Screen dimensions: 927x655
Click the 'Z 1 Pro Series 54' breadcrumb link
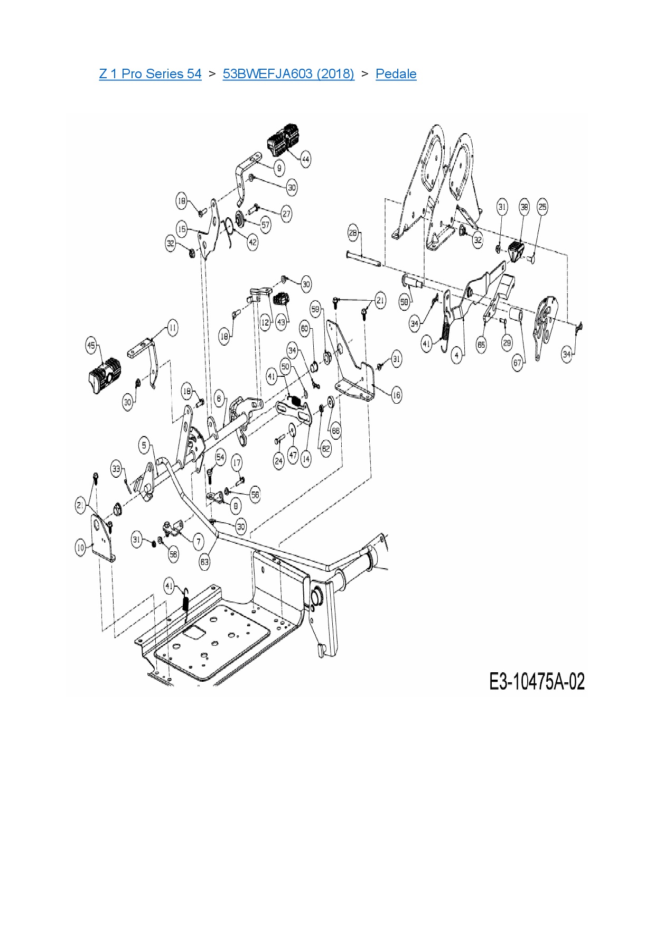click(150, 73)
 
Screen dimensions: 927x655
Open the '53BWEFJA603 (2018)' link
click(288, 73)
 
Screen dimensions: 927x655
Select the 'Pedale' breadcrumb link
click(396, 73)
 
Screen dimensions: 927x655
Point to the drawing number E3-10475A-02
click(537, 681)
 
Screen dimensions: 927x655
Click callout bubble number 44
click(305, 159)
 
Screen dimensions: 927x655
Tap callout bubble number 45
click(91, 346)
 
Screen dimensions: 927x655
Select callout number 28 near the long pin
click(353, 233)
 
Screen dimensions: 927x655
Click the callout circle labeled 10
click(81, 548)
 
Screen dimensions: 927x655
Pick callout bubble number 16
click(396, 395)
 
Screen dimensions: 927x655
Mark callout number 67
click(518, 363)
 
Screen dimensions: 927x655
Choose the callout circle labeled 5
click(144, 445)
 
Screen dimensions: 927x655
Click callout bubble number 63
click(204, 562)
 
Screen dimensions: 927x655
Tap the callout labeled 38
click(524, 207)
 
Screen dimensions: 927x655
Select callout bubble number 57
click(265, 225)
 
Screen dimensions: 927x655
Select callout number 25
click(542, 207)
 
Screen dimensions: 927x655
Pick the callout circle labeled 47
click(293, 455)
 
